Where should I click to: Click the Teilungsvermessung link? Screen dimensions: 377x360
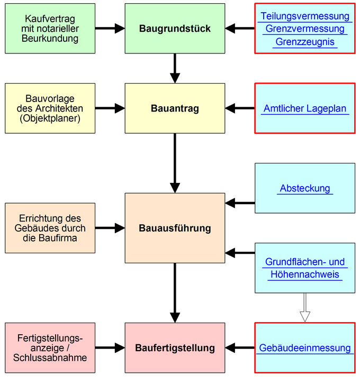tap(305, 16)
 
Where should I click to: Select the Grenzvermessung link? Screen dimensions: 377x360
tap(305, 29)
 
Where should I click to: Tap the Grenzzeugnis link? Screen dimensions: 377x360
tap(305, 42)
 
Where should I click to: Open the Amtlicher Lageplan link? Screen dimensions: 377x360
tap(304, 109)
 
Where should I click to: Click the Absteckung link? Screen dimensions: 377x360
tap(304, 188)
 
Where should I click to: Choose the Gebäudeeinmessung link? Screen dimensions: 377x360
tap(305, 348)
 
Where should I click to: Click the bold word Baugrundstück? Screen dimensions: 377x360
tap(175, 29)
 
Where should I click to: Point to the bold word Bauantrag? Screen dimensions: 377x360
tap(175, 109)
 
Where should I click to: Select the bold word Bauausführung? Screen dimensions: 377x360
tap(175, 228)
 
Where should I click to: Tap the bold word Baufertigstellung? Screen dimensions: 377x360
tap(175, 348)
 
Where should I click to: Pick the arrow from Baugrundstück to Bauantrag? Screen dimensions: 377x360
tap(175, 68)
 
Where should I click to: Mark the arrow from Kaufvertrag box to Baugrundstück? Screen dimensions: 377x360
tap(110, 29)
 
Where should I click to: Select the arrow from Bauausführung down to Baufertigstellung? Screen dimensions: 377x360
tap(175, 292)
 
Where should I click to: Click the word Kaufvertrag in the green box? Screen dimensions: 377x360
tap(50, 19)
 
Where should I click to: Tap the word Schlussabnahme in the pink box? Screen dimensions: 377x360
tap(50, 358)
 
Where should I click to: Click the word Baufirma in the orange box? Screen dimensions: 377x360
tap(66, 238)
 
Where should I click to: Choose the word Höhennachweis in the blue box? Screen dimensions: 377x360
tap(305, 274)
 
